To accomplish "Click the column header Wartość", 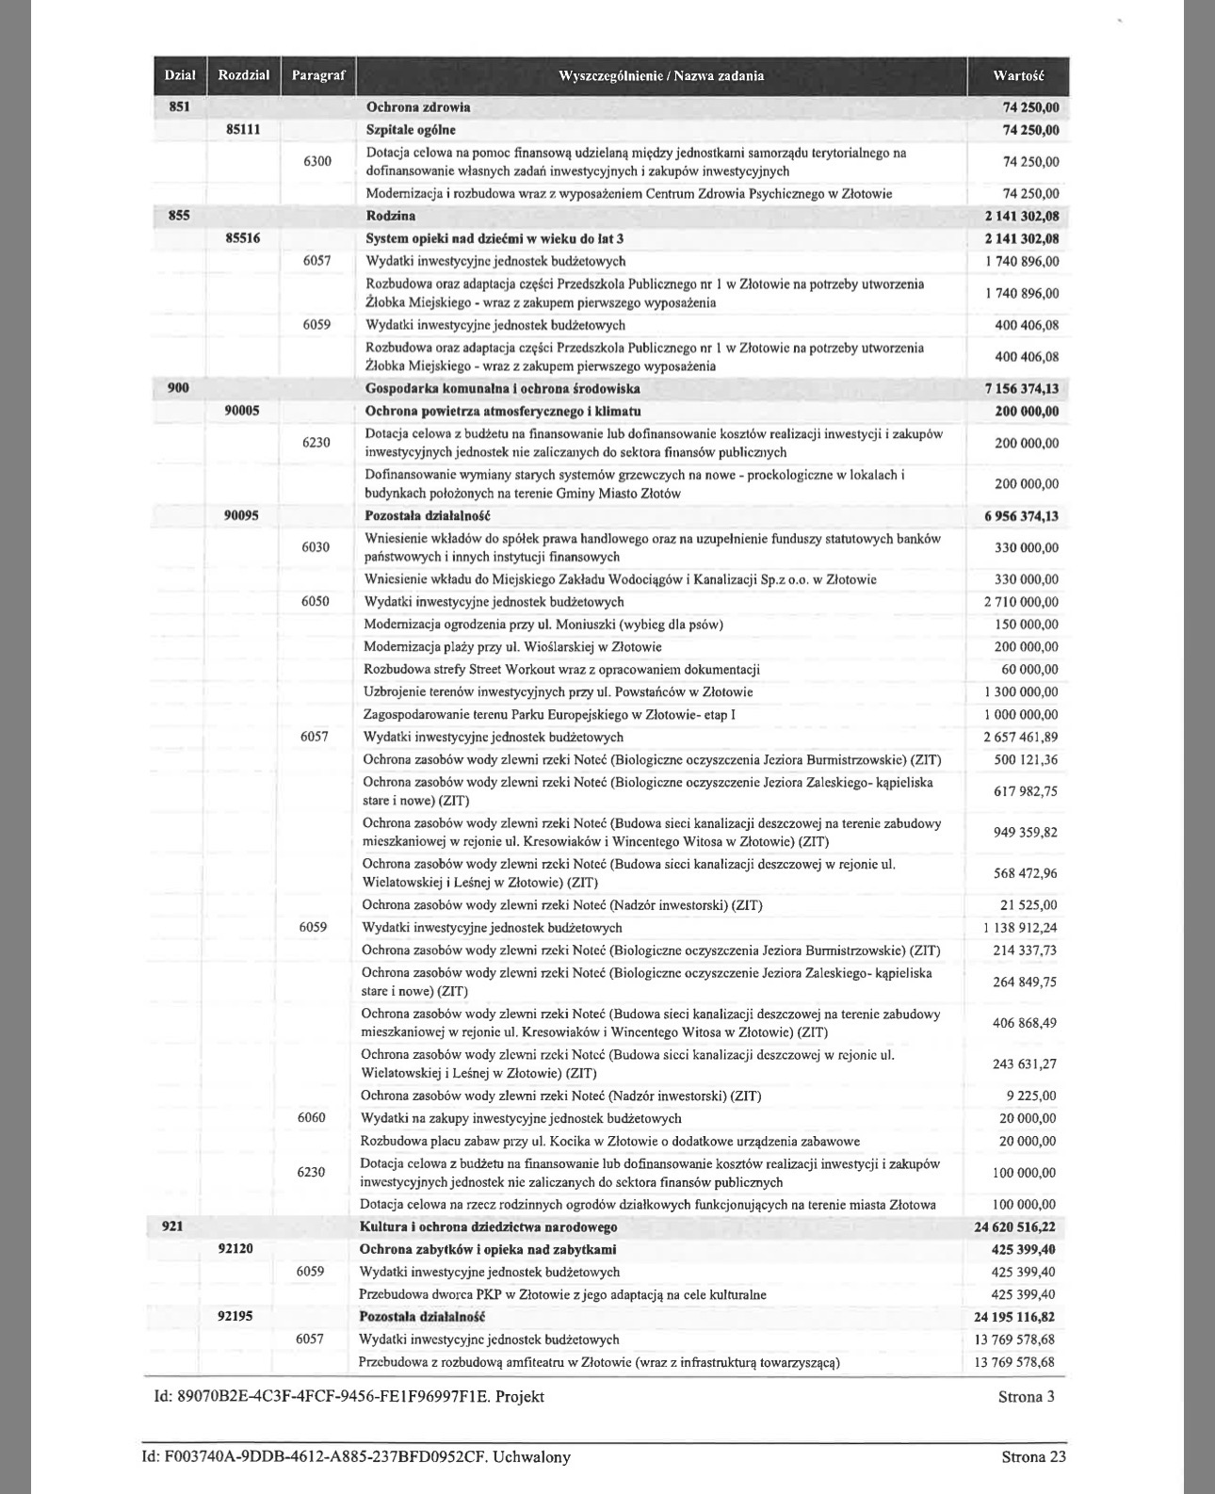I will (x=1017, y=75).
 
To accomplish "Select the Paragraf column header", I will (x=318, y=75).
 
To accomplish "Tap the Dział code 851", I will (x=179, y=106).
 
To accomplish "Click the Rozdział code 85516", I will (x=243, y=238).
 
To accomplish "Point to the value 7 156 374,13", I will (x=1015, y=388).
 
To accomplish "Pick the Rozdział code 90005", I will (x=242, y=411).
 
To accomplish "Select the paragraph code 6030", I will (x=316, y=547).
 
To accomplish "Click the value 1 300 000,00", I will (x=1021, y=691).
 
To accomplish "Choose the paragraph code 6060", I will (x=312, y=1118).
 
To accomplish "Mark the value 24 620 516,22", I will (x=1014, y=1227).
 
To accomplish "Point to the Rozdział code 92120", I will (x=235, y=1249).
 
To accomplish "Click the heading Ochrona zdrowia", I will (x=418, y=106).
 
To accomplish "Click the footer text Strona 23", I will (x=1033, y=1457).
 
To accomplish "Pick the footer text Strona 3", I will (x=1026, y=1396).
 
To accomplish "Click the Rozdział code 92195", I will (x=235, y=1316).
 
